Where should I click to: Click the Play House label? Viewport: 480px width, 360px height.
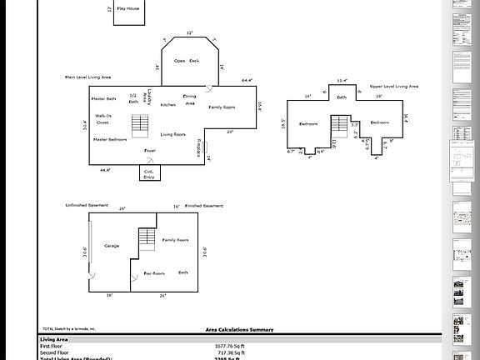pos(127,8)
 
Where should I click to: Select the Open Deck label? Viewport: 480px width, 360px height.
pos(187,61)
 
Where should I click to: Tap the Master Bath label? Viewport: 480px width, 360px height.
pos(104,98)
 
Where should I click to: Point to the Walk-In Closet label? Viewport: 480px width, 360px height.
pos(103,118)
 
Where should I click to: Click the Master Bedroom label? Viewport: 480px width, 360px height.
pos(110,139)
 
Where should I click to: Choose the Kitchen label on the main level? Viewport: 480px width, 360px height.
pos(168,105)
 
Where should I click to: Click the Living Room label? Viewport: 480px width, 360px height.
pos(173,134)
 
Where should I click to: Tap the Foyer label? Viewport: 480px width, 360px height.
pos(150,151)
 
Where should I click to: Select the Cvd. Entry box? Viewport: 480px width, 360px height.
pos(149,173)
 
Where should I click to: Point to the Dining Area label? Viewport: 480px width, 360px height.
pos(190,100)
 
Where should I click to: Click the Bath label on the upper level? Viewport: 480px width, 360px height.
pos(342,97)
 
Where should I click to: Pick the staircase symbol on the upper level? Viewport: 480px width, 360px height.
pos(339,127)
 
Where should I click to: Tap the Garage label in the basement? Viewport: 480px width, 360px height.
pos(112,246)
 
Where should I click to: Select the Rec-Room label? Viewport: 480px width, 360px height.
pos(153,272)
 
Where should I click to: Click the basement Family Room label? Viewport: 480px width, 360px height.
pos(175,240)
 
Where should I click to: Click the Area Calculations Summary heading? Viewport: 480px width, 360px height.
pos(240,330)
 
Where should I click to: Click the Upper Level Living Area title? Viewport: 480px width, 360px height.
pos(394,86)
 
